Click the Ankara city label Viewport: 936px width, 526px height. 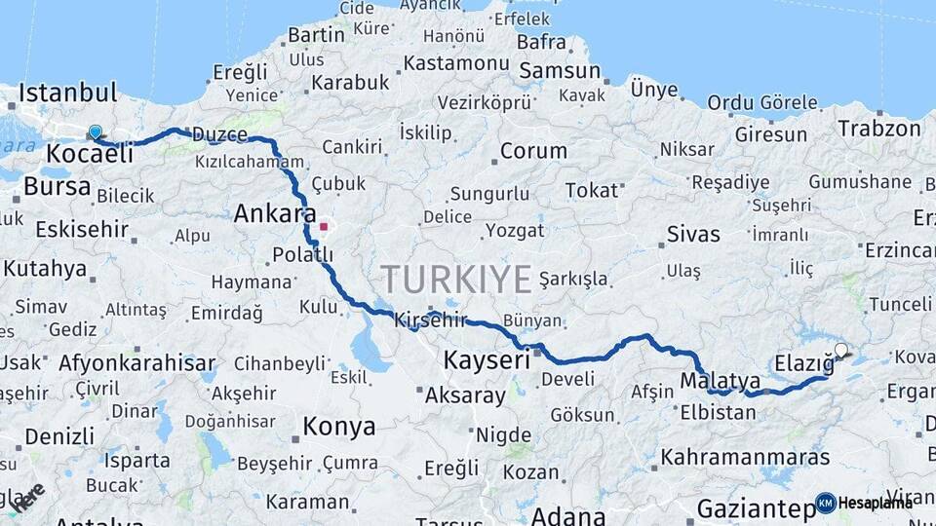274,213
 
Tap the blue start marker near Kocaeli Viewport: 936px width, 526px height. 95,131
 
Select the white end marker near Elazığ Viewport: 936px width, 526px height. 841,350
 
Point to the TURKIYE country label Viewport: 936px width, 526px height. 456,279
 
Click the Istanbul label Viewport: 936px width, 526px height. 67,94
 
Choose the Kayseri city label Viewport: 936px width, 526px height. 485,360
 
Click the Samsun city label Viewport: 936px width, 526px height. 560,71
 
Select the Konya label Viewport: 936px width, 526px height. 338,426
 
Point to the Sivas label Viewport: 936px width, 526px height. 694,234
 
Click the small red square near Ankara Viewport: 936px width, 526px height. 324,226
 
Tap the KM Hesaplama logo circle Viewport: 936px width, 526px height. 826,503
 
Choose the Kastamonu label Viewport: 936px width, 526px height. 456,63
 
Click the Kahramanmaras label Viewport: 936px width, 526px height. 745,456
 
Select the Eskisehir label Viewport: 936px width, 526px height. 82,230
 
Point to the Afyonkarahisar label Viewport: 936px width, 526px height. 136,363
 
